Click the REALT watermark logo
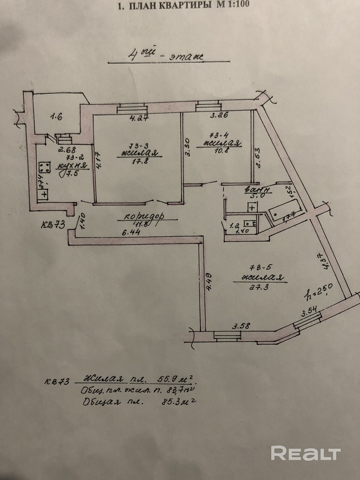(306, 453)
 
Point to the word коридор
(144, 216)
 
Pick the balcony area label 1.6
(56, 117)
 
